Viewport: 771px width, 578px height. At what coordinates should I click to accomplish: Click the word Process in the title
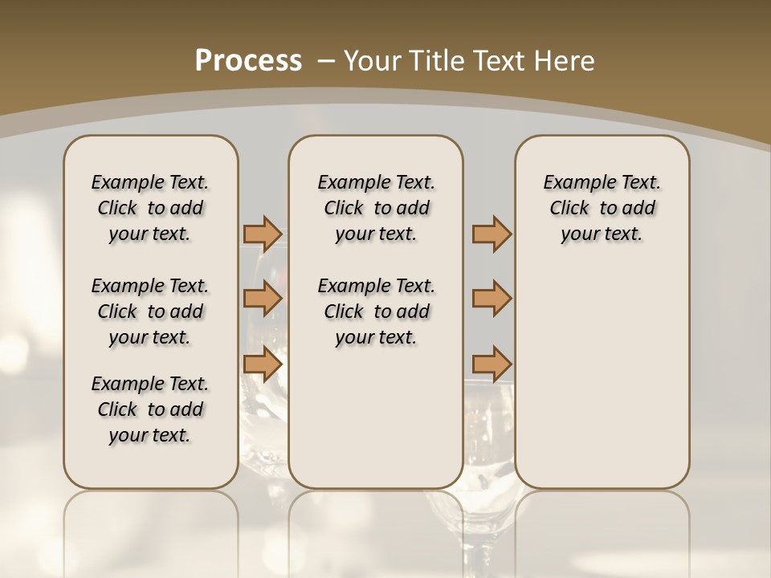(x=248, y=60)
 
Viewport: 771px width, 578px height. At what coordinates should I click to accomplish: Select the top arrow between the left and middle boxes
(x=263, y=234)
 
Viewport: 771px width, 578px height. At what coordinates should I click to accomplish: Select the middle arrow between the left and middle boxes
(x=263, y=299)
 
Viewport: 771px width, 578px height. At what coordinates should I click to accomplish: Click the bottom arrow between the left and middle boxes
(x=263, y=364)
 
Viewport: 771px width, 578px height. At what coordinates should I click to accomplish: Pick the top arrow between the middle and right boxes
(x=492, y=234)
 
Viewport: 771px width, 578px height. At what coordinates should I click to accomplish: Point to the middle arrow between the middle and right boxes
(x=492, y=299)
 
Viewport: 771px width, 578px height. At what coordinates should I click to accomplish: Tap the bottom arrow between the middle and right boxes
(x=492, y=364)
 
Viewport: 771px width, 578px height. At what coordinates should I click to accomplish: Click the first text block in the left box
(x=150, y=208)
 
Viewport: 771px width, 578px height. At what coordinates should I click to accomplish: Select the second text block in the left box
(x=150, y=311)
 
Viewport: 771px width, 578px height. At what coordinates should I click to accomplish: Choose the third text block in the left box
(x=150, y=409)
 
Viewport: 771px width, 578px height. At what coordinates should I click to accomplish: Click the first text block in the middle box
(x=376, y=208)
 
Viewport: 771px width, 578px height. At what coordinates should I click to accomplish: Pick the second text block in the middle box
(x=376, y=311)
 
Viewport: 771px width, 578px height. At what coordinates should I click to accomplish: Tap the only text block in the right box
(x=602, y=208)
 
